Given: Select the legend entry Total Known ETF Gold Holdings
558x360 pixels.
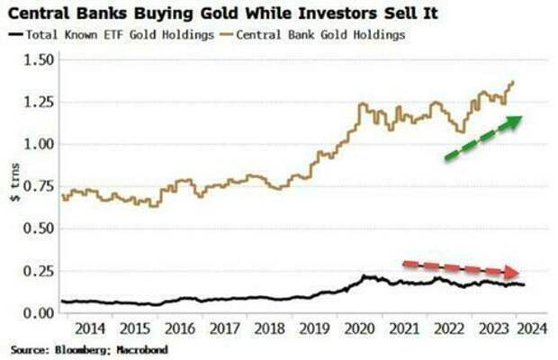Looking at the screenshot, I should pyautogui.click(x=117, y=33).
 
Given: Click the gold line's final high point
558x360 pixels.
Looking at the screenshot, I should pyautogui.click(x=513, y=83).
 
